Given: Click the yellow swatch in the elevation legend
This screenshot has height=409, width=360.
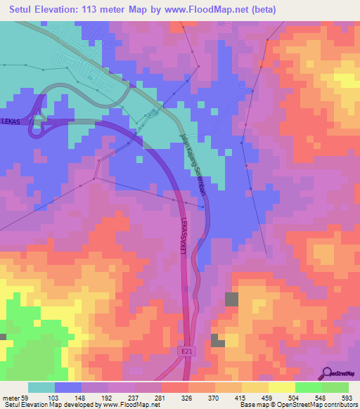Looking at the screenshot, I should pyautogui.click(x=281, y=387).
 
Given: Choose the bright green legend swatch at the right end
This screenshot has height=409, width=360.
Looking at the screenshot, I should pyautogui.click(x=335, y=387).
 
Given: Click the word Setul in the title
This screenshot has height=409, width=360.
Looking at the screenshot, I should pyautogui.click(x=23, y=10).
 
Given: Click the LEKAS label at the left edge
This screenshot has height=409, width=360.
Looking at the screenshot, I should pyautogui.click(x=11, y=121).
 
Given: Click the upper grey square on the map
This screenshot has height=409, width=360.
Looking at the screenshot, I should pyautogui.click(x=231, y=299).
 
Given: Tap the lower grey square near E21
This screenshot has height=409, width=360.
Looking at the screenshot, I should pyautogui.click(x=218, y=342).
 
